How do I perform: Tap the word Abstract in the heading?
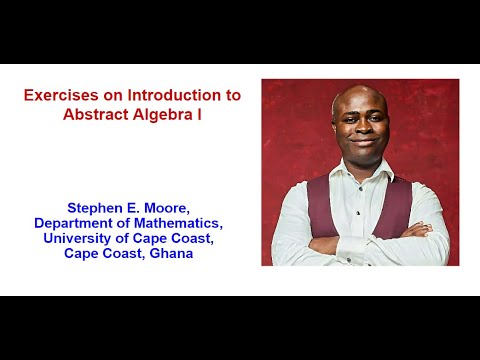(96, 114)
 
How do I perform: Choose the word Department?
(75, 223)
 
